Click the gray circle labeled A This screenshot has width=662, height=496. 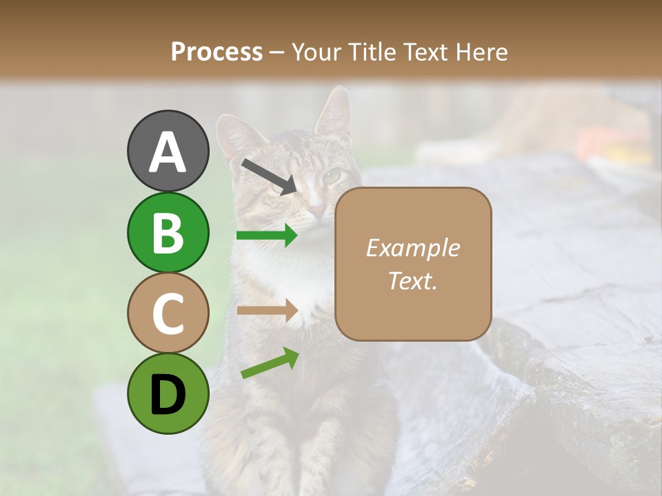pos(168,151)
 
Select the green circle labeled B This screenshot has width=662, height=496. pos(168,232)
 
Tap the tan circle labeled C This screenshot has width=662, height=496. pos(168,313)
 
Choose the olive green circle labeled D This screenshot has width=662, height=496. pos(168,393)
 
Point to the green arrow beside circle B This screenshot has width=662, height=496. pos(267,236)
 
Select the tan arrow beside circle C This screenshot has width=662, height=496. pos(267,311)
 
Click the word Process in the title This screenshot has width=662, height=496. pos(217,52)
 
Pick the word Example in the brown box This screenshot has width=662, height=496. pos(412,248)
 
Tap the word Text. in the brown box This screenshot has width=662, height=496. pos(412,281)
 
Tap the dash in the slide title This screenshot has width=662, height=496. pos(277,52)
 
